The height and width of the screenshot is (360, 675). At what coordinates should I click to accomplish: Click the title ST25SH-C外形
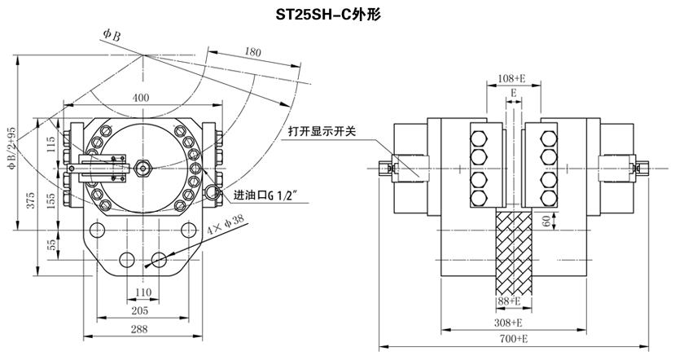[336, 14]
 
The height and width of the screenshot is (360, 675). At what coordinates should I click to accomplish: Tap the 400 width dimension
[141, 97]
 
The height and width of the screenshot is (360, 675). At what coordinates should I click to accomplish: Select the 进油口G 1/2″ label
[268, 195]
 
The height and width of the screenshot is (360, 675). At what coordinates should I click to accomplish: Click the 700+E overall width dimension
[512, 337]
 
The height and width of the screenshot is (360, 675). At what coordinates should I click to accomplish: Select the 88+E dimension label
[512, 301]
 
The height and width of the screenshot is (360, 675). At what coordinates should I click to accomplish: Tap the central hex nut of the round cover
[142, 169]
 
